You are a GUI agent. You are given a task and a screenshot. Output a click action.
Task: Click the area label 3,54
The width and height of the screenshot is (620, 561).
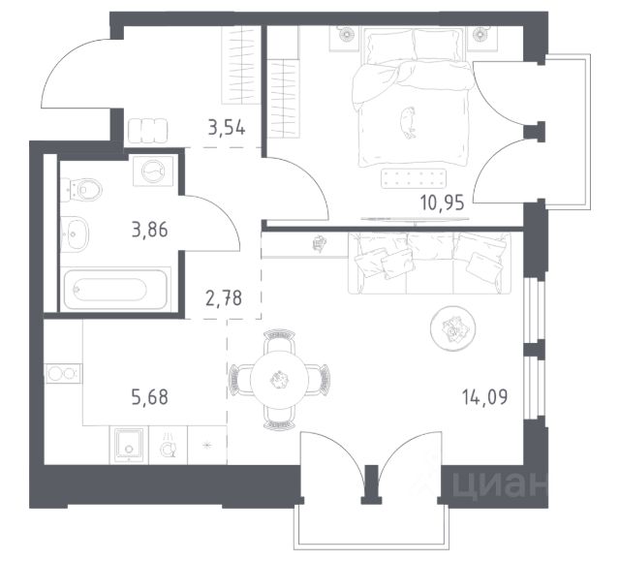click(x=227, y=128)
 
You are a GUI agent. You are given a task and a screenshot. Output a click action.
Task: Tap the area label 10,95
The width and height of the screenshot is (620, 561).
click(x=443, y=203)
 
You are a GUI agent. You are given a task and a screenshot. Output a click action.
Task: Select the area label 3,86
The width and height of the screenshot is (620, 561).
click(x=150, y=230)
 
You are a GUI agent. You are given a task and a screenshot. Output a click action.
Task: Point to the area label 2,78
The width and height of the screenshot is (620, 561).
click(x=224, y=297)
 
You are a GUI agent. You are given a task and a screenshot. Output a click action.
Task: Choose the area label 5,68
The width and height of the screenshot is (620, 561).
click(x=150, y=396)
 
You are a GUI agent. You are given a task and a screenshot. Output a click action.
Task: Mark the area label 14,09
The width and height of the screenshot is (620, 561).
click(x=484, y=396)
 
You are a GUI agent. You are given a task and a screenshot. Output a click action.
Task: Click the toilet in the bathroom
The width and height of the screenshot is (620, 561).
click(x=81, y=190)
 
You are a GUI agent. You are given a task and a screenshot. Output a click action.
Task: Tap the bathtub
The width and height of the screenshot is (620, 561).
click(x=115, y=289)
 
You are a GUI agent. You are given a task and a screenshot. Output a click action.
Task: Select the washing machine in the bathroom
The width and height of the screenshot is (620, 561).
click(x=153, y=171)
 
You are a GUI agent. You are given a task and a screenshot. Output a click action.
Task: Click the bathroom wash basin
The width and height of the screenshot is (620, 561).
click(x=75, y=234)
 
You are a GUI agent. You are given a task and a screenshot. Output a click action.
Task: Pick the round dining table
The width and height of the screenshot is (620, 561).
click(x=280, y=380)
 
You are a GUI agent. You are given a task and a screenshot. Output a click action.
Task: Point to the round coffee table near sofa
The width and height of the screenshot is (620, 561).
click(x=452, y=328)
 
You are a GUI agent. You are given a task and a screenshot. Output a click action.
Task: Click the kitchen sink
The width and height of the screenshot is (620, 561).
click(x=129, y=445)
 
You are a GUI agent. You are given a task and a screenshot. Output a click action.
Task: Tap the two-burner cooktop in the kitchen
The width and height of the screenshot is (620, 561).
click(x=63, y=374)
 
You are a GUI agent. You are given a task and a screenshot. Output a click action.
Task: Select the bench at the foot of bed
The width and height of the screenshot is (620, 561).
click(x=414, y=179)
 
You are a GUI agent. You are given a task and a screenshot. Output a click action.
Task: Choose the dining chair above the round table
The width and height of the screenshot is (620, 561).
click(x=279, y=340)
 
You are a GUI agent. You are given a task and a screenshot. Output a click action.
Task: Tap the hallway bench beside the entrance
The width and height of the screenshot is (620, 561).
click(x=148, y=131)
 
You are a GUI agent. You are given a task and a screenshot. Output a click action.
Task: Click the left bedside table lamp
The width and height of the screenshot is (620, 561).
click(x=345, y=33)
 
